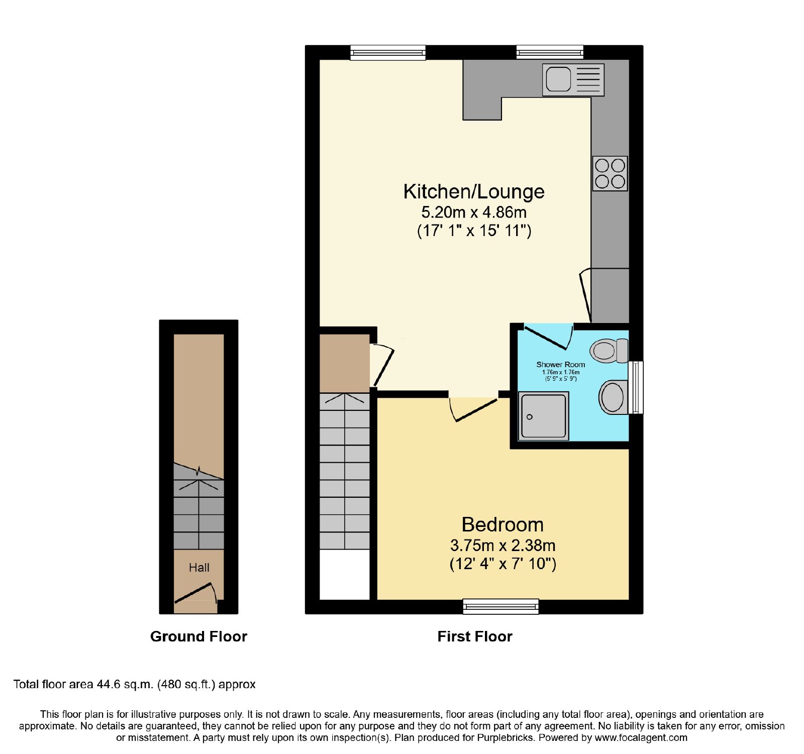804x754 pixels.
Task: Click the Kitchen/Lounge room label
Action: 474,191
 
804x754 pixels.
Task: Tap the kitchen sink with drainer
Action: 573,80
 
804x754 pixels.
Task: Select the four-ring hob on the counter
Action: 610,173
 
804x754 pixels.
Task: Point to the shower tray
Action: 544,416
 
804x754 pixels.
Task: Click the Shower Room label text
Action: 561,365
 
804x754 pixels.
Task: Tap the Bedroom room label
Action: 502,525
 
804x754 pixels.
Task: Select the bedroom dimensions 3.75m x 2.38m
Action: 502,546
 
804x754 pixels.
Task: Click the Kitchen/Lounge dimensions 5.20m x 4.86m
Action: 474,212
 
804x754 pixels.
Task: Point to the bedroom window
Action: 500,606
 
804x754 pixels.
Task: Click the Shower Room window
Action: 636,387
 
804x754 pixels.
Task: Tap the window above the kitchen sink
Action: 550,52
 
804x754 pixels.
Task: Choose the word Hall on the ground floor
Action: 199,568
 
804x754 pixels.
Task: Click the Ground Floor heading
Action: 198,636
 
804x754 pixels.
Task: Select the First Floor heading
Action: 475,636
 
